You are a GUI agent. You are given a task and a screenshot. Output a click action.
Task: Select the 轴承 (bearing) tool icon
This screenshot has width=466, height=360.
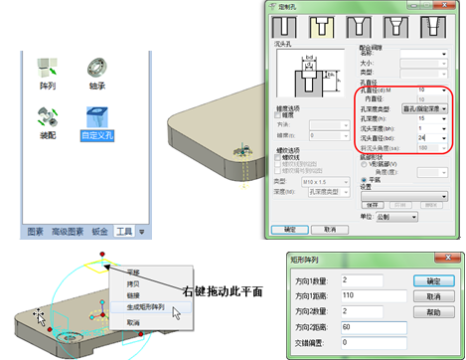click(x=96, y=70)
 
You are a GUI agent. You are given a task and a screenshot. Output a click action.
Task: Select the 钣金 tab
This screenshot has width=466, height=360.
click(x=97, y=231)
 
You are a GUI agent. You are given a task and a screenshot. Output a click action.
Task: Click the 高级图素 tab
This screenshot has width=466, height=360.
click(x=65, y=231)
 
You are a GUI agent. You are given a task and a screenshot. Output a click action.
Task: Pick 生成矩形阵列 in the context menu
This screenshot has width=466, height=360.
click(x=145, y=308)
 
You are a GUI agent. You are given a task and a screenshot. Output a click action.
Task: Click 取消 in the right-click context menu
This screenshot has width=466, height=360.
click(x=133, y=322)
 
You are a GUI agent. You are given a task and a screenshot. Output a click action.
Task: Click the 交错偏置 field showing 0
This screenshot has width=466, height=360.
click(x=369, y=340)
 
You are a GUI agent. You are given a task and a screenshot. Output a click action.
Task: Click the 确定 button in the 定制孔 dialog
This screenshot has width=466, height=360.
click(x=289, y=228)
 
